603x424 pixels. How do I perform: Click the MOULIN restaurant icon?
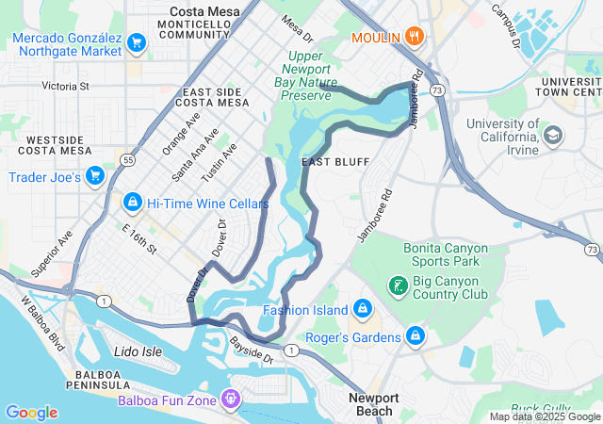(x=414, y=38)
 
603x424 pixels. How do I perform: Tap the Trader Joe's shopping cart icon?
(x=94, y=176)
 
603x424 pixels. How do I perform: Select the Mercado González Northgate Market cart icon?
(x=137, y=42)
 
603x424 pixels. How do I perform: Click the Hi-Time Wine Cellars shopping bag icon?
(x=133, y=203)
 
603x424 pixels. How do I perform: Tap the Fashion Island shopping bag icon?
(x=362, y=309)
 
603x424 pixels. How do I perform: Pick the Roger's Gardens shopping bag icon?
(x=415, y=335)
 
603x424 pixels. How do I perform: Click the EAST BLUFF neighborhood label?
(x=326, y=163)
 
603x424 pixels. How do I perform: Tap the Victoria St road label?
(x=66, y=86)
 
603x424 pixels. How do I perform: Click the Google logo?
(x=31, y=413)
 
